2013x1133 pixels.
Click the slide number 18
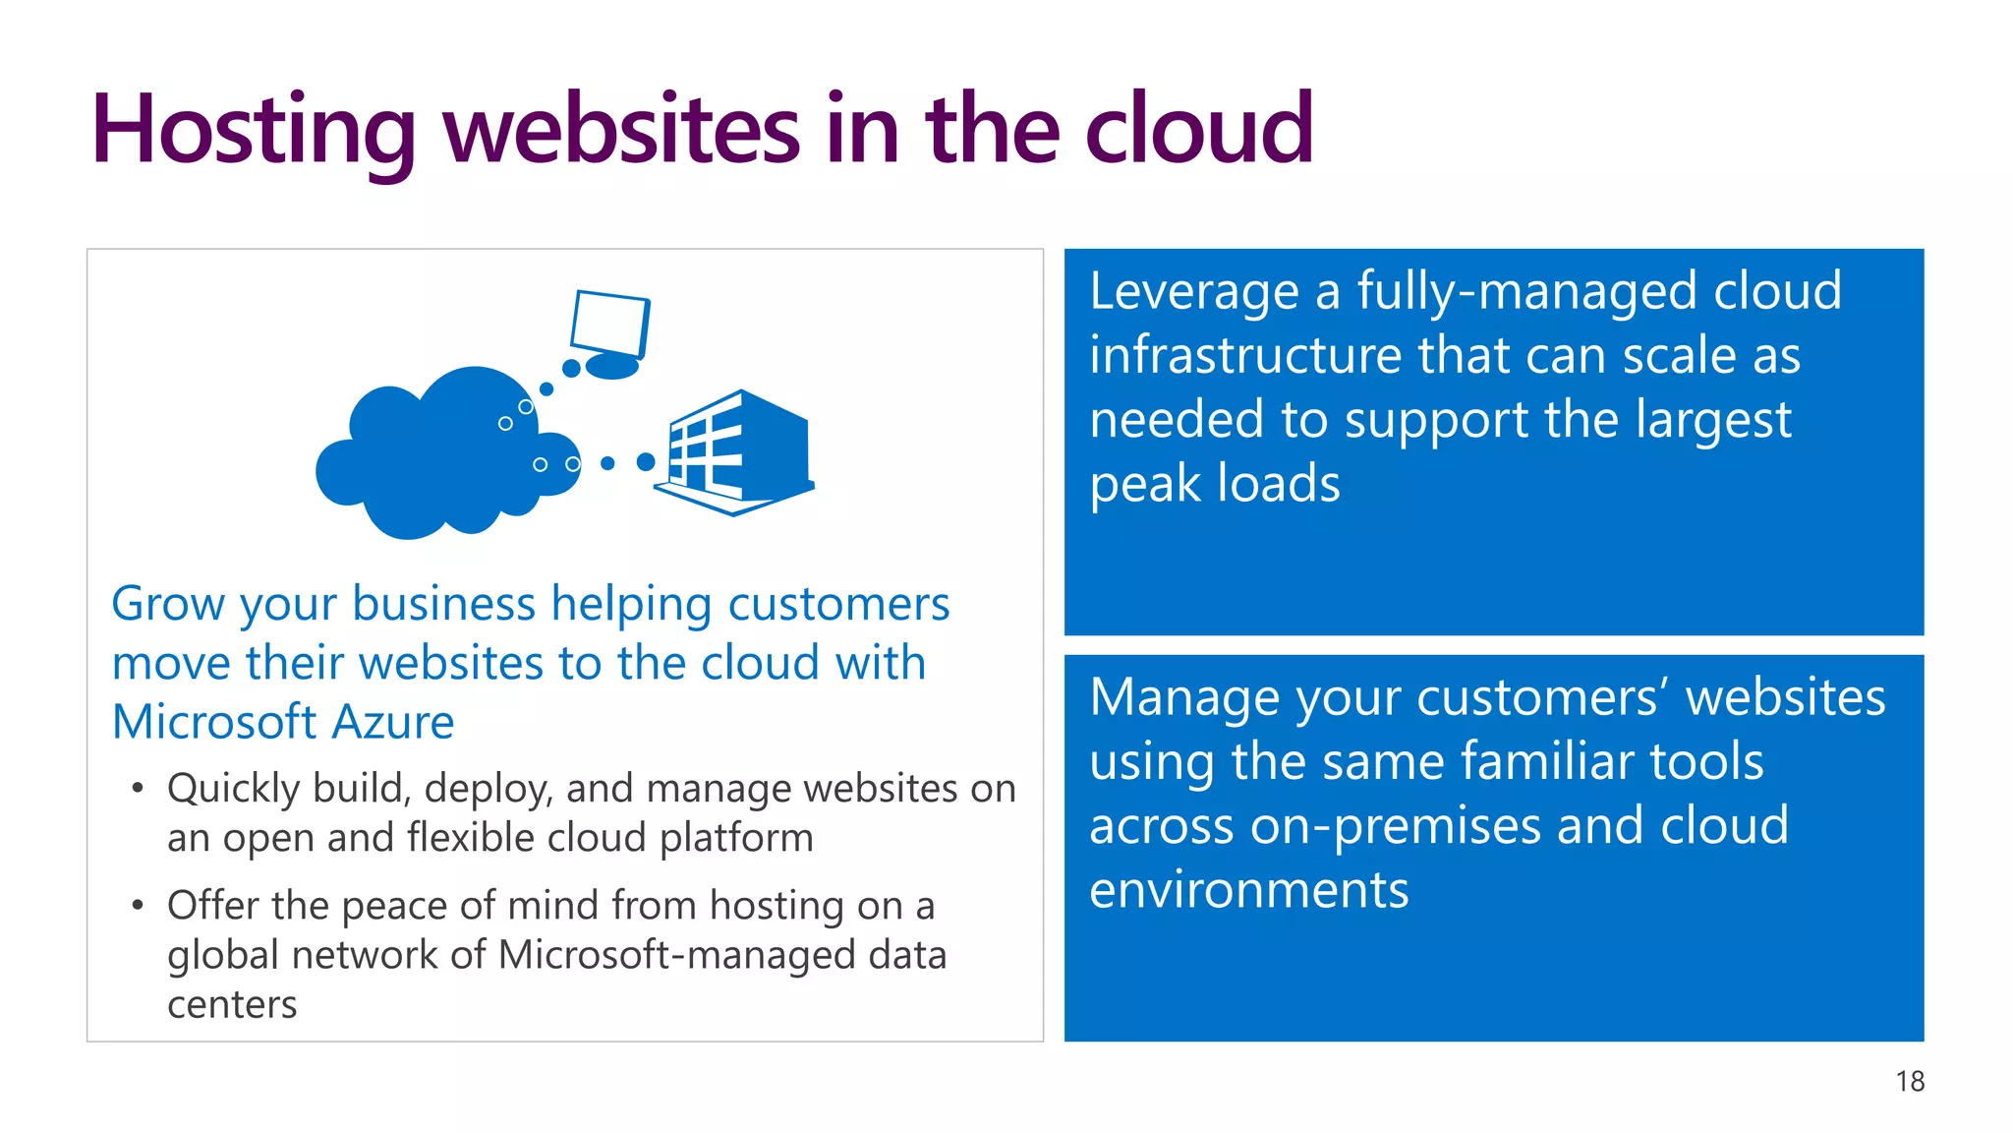click(x=1910, y=1082)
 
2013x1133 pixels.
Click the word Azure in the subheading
click(x=393, y=722)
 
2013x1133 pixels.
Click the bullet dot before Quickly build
click(x=138, y=789)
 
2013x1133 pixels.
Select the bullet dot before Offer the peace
click(x=138, y=905)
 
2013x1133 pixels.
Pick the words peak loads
click(x=1215, y=484)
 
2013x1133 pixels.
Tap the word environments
click(x=1248, y=891)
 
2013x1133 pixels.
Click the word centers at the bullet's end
click(x=232, y=1005)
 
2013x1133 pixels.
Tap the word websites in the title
click(x=622, y=130)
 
